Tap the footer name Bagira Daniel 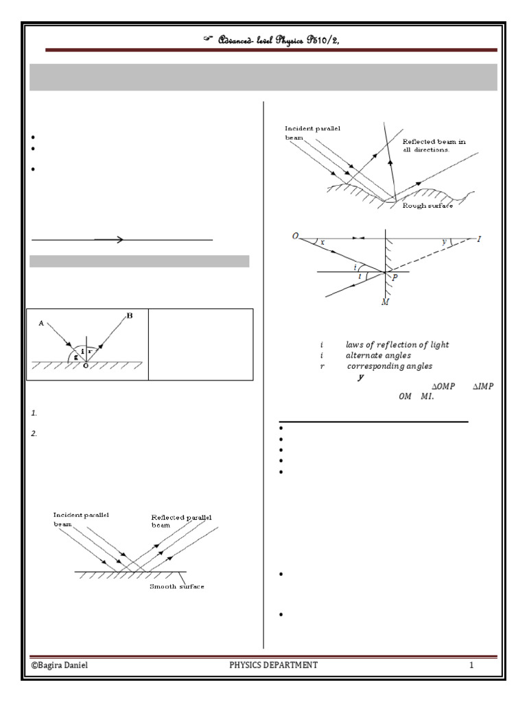[60, 665]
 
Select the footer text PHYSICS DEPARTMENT [273, 665]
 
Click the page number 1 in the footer [471, 665]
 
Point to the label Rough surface [428, 206]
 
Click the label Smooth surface [177, 586]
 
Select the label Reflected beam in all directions [434, 145]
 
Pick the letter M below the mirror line [385, 302]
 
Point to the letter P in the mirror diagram [394, 278]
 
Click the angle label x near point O [322, 243]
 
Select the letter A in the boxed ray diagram [42, 323]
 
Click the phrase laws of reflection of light [397, 345]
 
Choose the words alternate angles [378, 356]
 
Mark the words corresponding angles [389, 367]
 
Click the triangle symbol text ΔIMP [482, 386]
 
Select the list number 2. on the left [34, 433]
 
